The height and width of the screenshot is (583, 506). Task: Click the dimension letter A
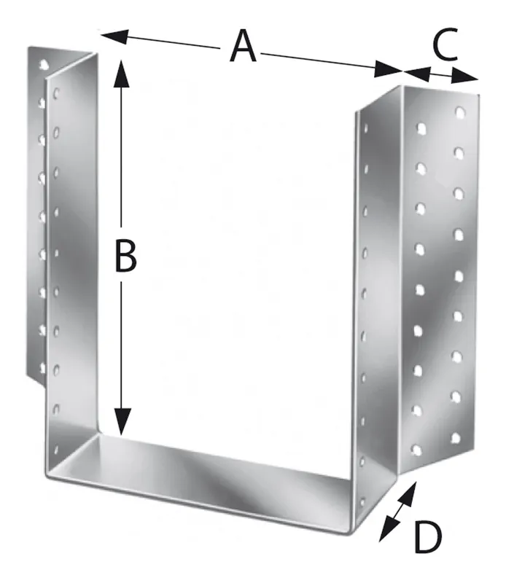(x=243, y=47)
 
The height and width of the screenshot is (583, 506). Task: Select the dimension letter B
(x=125, y=256)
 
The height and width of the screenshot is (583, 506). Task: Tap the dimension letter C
(x=445, y=44)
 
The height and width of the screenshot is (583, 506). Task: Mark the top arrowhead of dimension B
(x=121, y=74)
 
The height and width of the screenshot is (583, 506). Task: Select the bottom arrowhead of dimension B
(x=122, y=421)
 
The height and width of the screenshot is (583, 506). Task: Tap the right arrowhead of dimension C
(x=465, y=76)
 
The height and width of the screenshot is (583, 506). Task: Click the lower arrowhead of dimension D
(x=387, y=530)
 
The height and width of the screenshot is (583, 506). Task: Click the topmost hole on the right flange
(x=460, y=112)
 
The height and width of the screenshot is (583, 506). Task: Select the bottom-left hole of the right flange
(x=416, y=450)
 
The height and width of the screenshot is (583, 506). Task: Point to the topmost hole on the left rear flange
(x=44, y=64)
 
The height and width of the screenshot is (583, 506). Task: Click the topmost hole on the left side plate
(x=57, y=92)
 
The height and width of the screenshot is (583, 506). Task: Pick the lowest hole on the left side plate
(x=56, y=450)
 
